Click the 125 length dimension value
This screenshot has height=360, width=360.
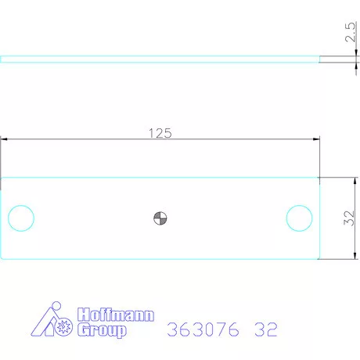coord(160,133)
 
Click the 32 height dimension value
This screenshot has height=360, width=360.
coord(350,218)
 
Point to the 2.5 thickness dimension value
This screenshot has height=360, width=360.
coord(350,36)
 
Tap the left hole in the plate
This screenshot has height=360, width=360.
coord(20,218)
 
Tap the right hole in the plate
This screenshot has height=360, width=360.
coord(299,218)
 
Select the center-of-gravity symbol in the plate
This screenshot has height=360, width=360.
coord(160,218)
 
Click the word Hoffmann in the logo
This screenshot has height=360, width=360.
coord(117,315)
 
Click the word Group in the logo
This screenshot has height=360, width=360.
coord(101,330)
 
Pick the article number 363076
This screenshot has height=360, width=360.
coord(203,329)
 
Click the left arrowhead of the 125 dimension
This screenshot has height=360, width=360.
coord(4,139)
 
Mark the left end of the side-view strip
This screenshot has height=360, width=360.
coord(2,58)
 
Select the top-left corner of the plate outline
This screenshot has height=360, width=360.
coord(2,177)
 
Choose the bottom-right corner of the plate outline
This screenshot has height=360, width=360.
coord(319,258)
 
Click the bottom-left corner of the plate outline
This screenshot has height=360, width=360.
coord(2,258)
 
